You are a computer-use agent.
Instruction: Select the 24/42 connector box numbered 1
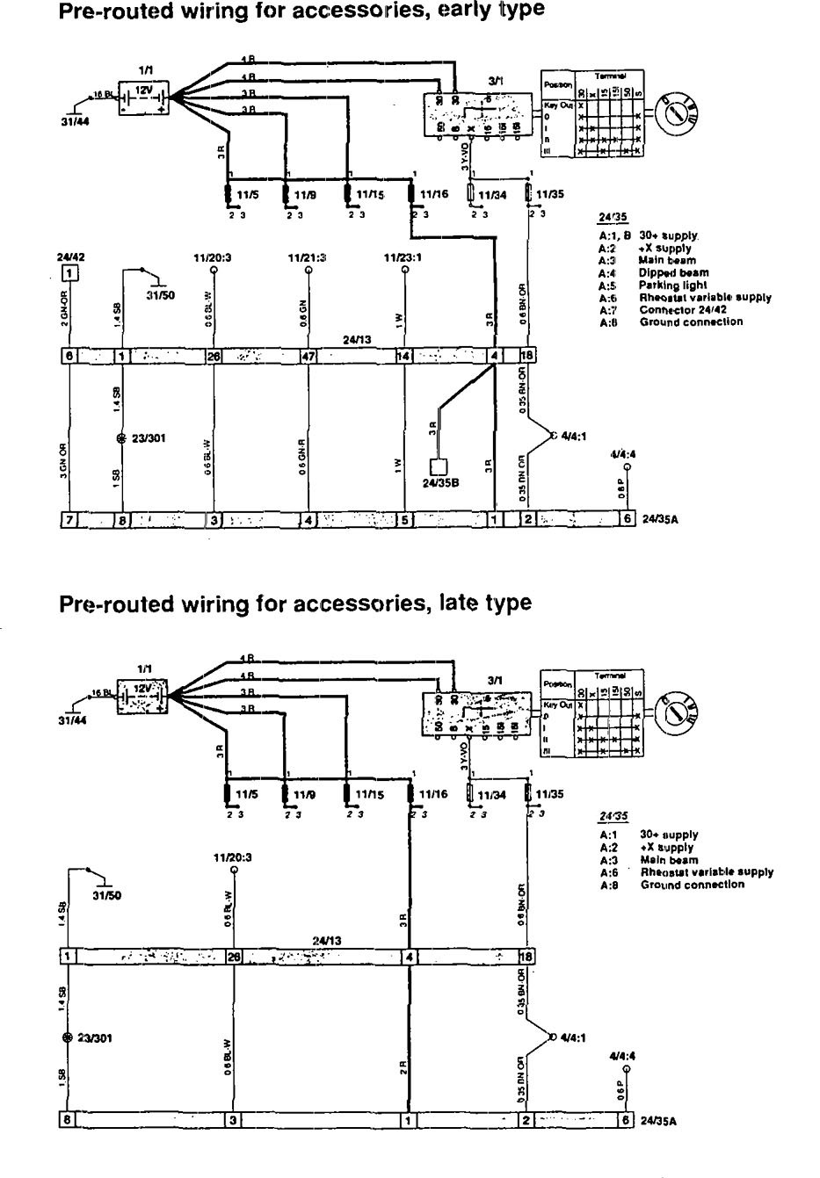tap(69, 272)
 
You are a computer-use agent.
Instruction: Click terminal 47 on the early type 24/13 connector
tap(308, 356)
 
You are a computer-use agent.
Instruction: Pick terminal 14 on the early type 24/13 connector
tap(403, 356)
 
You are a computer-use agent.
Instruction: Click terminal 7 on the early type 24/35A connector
tap(68, 519)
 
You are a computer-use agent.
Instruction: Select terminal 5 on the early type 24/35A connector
tap(404, 519)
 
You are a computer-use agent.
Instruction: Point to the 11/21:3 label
tap(308, 258)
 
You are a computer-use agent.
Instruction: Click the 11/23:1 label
tap(403, 258)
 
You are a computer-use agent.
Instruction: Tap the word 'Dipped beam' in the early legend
tap(673, 273)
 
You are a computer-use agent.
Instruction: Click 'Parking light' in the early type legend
tap(673, 285)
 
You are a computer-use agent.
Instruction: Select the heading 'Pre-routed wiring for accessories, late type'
tap(294, 603)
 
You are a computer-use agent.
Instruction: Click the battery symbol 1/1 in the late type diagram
tap(142, 694)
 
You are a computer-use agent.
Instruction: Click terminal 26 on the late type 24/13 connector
tap(234, 956)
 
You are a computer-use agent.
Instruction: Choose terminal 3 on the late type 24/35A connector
tap(233, 1120)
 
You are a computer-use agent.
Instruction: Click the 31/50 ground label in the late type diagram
tap(105, 897)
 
